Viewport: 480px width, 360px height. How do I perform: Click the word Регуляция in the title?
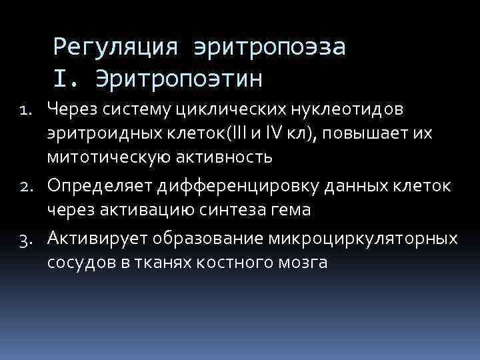click(115, 47)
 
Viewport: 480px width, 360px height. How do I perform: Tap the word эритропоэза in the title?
click(269, 47)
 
